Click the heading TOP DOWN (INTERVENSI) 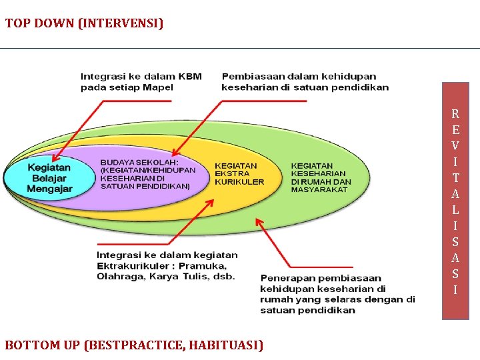(x=84, y=24)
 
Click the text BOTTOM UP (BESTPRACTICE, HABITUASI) (x=134, y=345)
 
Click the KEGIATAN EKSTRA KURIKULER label (x=239, y=173)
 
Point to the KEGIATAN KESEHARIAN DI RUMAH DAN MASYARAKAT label (x=321, y=177)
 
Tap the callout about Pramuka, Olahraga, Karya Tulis (x=167, y=265)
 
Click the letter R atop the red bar (x=455, y=113)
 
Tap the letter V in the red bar (x=455, y=145)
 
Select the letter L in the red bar (x=455, y=209)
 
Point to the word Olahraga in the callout (x=121, y=276)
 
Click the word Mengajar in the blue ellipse (x=49, y=189)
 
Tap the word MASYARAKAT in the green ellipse (x=319, y=189)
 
